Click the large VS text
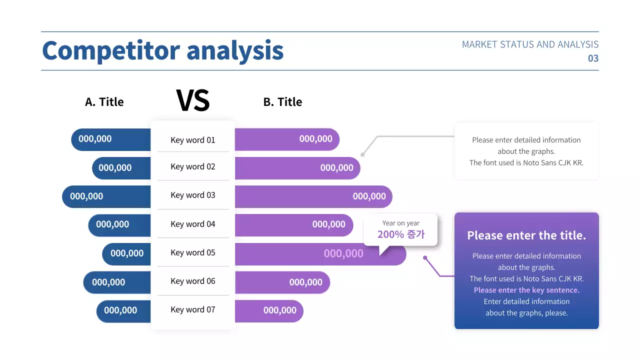click(193, 100)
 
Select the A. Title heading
click(104, 102)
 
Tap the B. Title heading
click(282, 102)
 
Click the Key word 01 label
click(192, 140)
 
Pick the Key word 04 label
click(192, 224)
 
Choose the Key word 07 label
click(192, 309)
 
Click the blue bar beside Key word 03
click(106, 196)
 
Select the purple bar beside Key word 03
click(313, 196)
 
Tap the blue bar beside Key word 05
click(126, 253)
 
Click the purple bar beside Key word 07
click(268, 310)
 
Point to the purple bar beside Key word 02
click(297, 168)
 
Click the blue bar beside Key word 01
click(110, 139)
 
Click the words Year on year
click(400, 223)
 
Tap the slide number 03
click(592, 58)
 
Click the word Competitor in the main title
click(110, 51)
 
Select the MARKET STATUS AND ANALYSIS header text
click(530, 44)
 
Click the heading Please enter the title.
click(526, 235)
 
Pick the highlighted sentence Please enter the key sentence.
click(526, 290)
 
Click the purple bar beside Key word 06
click(282, 282)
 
